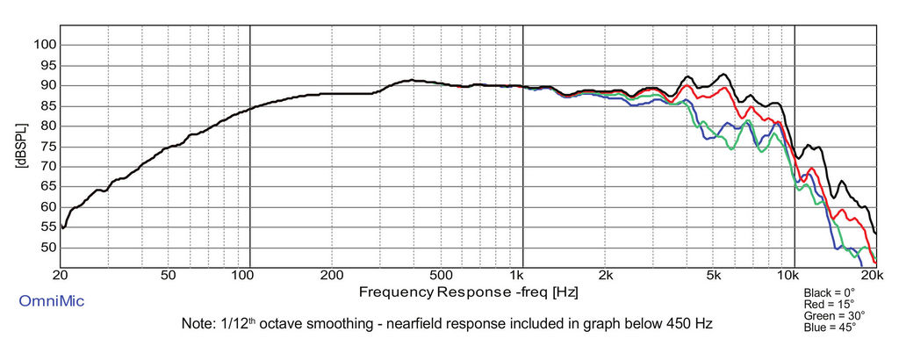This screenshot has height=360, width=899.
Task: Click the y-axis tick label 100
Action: tap(45, 45)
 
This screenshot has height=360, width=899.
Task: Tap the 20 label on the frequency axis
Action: tap(61, 275)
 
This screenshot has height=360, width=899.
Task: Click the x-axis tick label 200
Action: tap(332, 275)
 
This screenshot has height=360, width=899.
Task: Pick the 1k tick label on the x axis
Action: tap(522, 275)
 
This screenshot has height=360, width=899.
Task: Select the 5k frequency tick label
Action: tap(713, 275)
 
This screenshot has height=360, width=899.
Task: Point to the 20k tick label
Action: tap(871, 275)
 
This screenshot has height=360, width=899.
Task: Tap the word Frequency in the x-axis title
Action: tap(395, 291)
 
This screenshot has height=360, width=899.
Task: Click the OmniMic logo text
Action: tap(52, 301)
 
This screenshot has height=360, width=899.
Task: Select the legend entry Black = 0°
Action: tap(829, 292)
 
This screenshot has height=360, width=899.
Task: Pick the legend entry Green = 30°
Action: tap(834, 315)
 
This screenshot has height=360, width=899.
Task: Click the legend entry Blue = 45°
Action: tap(830, 328)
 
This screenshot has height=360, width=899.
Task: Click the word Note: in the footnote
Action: tap(198, 324)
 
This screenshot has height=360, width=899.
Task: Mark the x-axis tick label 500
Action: tap(441, 275)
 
